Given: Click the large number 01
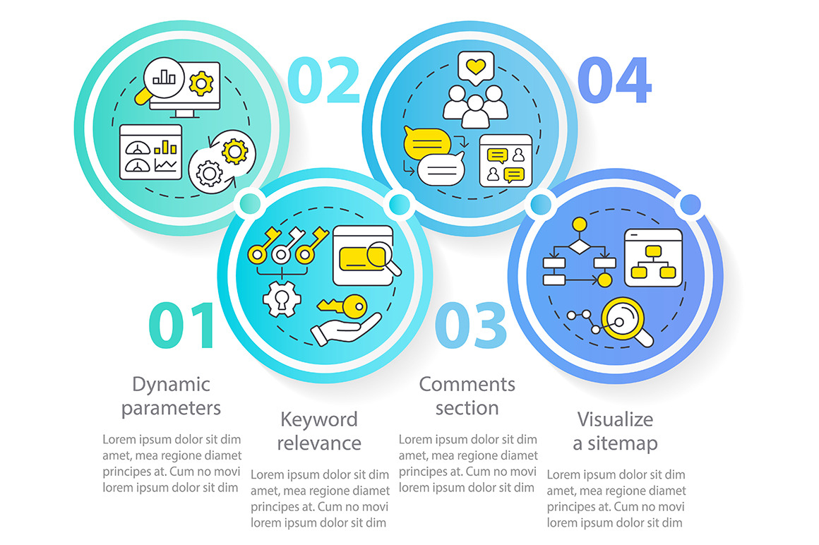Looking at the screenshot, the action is (x=181, y=325).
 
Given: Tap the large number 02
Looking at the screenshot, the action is (x=324, y=79).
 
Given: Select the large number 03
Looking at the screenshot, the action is (x=471, y=325).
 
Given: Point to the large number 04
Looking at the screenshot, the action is (x=615, y=79).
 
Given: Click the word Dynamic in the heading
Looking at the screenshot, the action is (x=171, y=385).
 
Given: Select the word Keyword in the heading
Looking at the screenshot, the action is (x=318, y=419).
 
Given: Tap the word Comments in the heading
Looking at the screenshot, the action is (x=467, y=384).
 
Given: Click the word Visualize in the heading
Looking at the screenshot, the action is (x=615, y=419).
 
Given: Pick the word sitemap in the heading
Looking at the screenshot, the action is (x=622, y=444).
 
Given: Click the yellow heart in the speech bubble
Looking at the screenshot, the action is (x=475, y=66).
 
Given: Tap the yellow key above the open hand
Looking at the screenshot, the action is (x=342, y=306).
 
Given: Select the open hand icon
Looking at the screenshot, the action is (x=345, y=329).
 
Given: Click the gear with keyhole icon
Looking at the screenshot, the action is (x=282, y=299).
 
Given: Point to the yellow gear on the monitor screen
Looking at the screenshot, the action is (x=201, y=83).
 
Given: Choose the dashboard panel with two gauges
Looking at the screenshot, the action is (x=150, y=152).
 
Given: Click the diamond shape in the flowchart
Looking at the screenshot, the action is (x=579, y=245).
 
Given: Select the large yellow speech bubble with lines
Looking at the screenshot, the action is (x=426, y=143).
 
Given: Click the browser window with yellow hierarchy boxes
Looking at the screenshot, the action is (x=653, y=258).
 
